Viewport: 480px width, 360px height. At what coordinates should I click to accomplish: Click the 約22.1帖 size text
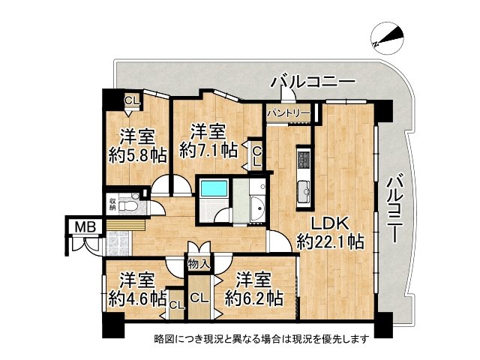point(331,241)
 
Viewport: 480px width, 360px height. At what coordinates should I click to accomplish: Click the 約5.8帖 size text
point(137,155)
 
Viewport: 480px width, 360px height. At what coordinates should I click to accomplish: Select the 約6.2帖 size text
point(254,298)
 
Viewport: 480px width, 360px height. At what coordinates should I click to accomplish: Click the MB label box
point(80,226)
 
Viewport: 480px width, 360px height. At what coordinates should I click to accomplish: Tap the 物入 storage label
point(199,264)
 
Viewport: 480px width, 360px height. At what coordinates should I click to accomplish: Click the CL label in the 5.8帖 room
point(131,100)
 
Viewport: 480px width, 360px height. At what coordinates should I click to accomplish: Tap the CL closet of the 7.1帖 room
point(256,155)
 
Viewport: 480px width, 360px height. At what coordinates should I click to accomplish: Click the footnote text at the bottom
point(262,338)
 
